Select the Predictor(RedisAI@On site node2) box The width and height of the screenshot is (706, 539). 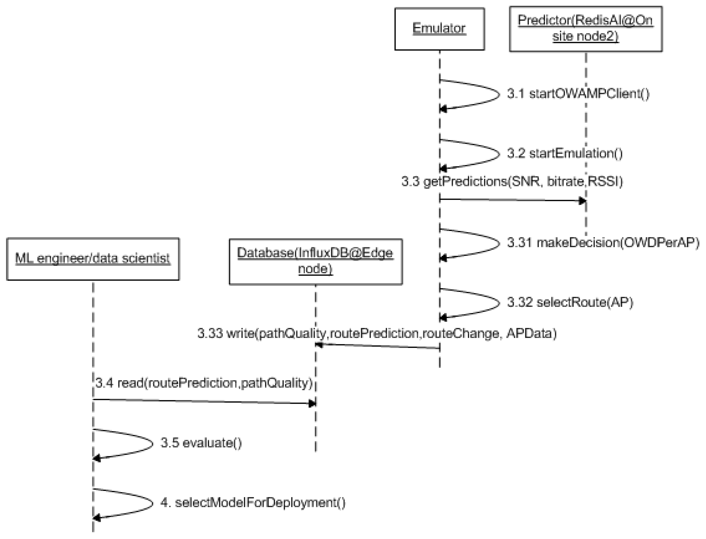pyautogui.click(x=585, y=29)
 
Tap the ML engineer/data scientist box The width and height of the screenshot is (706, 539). pyautogui.click(x=93, y=259)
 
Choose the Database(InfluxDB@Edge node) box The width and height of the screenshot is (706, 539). pyautogui.click(x=315, y=261)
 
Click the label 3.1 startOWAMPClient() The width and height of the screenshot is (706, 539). pyautogui.click(x=578, y=94)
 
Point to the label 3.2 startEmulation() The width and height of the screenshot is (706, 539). pyautogui.click(x=565, y=153)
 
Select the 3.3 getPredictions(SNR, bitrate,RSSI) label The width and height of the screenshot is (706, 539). pyautogui.click(x=512, y=182)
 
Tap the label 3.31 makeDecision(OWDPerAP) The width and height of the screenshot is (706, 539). pyautogui.click(x=603, y=243)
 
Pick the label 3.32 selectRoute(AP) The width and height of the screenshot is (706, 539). pyautogui.click(x=570, y=302)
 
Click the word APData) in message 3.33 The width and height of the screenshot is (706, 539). pyautogui.click(x=531, y=334)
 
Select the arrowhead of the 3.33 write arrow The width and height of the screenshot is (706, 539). pyautogui.click(x=319, y=345)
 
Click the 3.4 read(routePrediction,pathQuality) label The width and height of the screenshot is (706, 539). pyautogui.click(x=204, y=383)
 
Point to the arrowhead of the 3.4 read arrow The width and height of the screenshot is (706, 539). pyautogui.click(x=312, y=403)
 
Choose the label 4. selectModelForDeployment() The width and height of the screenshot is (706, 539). pyautogui.click(x=253, y=502)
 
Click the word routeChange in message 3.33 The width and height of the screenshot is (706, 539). pyautogui.click(x=461, y=334)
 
